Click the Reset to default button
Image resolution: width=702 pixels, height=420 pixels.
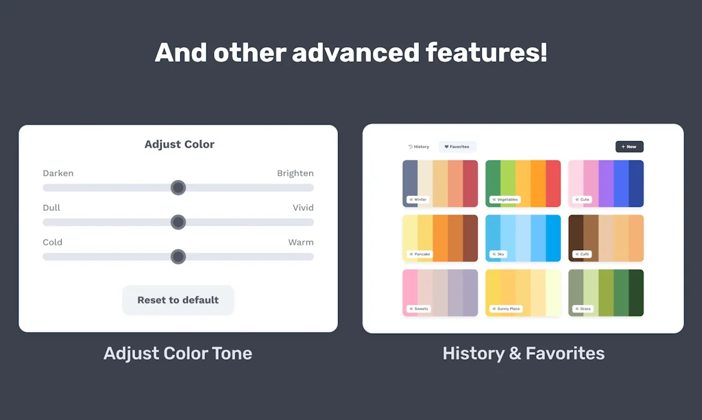178,300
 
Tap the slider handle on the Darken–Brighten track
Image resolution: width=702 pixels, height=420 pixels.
178,188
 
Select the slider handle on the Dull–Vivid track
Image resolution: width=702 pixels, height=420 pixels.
178,222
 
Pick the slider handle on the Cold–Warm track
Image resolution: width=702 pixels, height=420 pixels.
178,257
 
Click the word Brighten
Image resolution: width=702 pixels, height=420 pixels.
295,173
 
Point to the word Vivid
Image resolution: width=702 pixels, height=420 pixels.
303,208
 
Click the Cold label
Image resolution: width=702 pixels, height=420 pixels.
53,242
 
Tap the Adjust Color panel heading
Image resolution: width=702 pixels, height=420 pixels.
180,145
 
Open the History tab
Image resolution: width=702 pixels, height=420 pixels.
419,147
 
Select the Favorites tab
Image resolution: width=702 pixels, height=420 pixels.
457,147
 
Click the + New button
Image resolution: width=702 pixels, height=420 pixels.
629,147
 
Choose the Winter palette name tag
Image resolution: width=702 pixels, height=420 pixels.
417,199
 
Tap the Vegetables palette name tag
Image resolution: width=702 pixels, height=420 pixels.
505,199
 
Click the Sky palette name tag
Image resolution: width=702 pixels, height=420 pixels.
498,254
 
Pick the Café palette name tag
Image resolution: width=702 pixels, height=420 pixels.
582,254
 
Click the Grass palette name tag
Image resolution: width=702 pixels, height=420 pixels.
583,309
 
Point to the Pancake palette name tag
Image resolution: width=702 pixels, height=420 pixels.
420,254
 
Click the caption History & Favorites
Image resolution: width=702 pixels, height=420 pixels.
524,354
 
